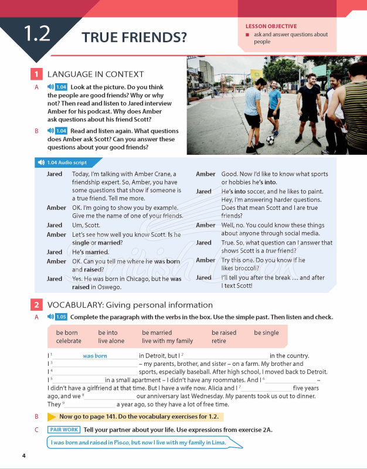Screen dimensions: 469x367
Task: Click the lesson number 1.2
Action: pos(38,34)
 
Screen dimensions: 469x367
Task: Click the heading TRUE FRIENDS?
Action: pos(134,38)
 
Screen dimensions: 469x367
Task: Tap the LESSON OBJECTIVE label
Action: pos(271,26)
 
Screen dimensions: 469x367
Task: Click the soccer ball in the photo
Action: pos(270,140)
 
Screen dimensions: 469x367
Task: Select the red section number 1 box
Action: pos(36,74)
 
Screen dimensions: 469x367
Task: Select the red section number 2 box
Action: pos(36,305)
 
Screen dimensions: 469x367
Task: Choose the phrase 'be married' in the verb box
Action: pos(157,332)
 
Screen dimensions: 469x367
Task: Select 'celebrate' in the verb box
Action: pos(69,341)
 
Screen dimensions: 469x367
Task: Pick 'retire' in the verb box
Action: pos(219,341)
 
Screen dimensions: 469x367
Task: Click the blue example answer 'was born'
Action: pos(95,356)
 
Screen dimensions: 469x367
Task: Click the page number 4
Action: pos(23,456)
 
